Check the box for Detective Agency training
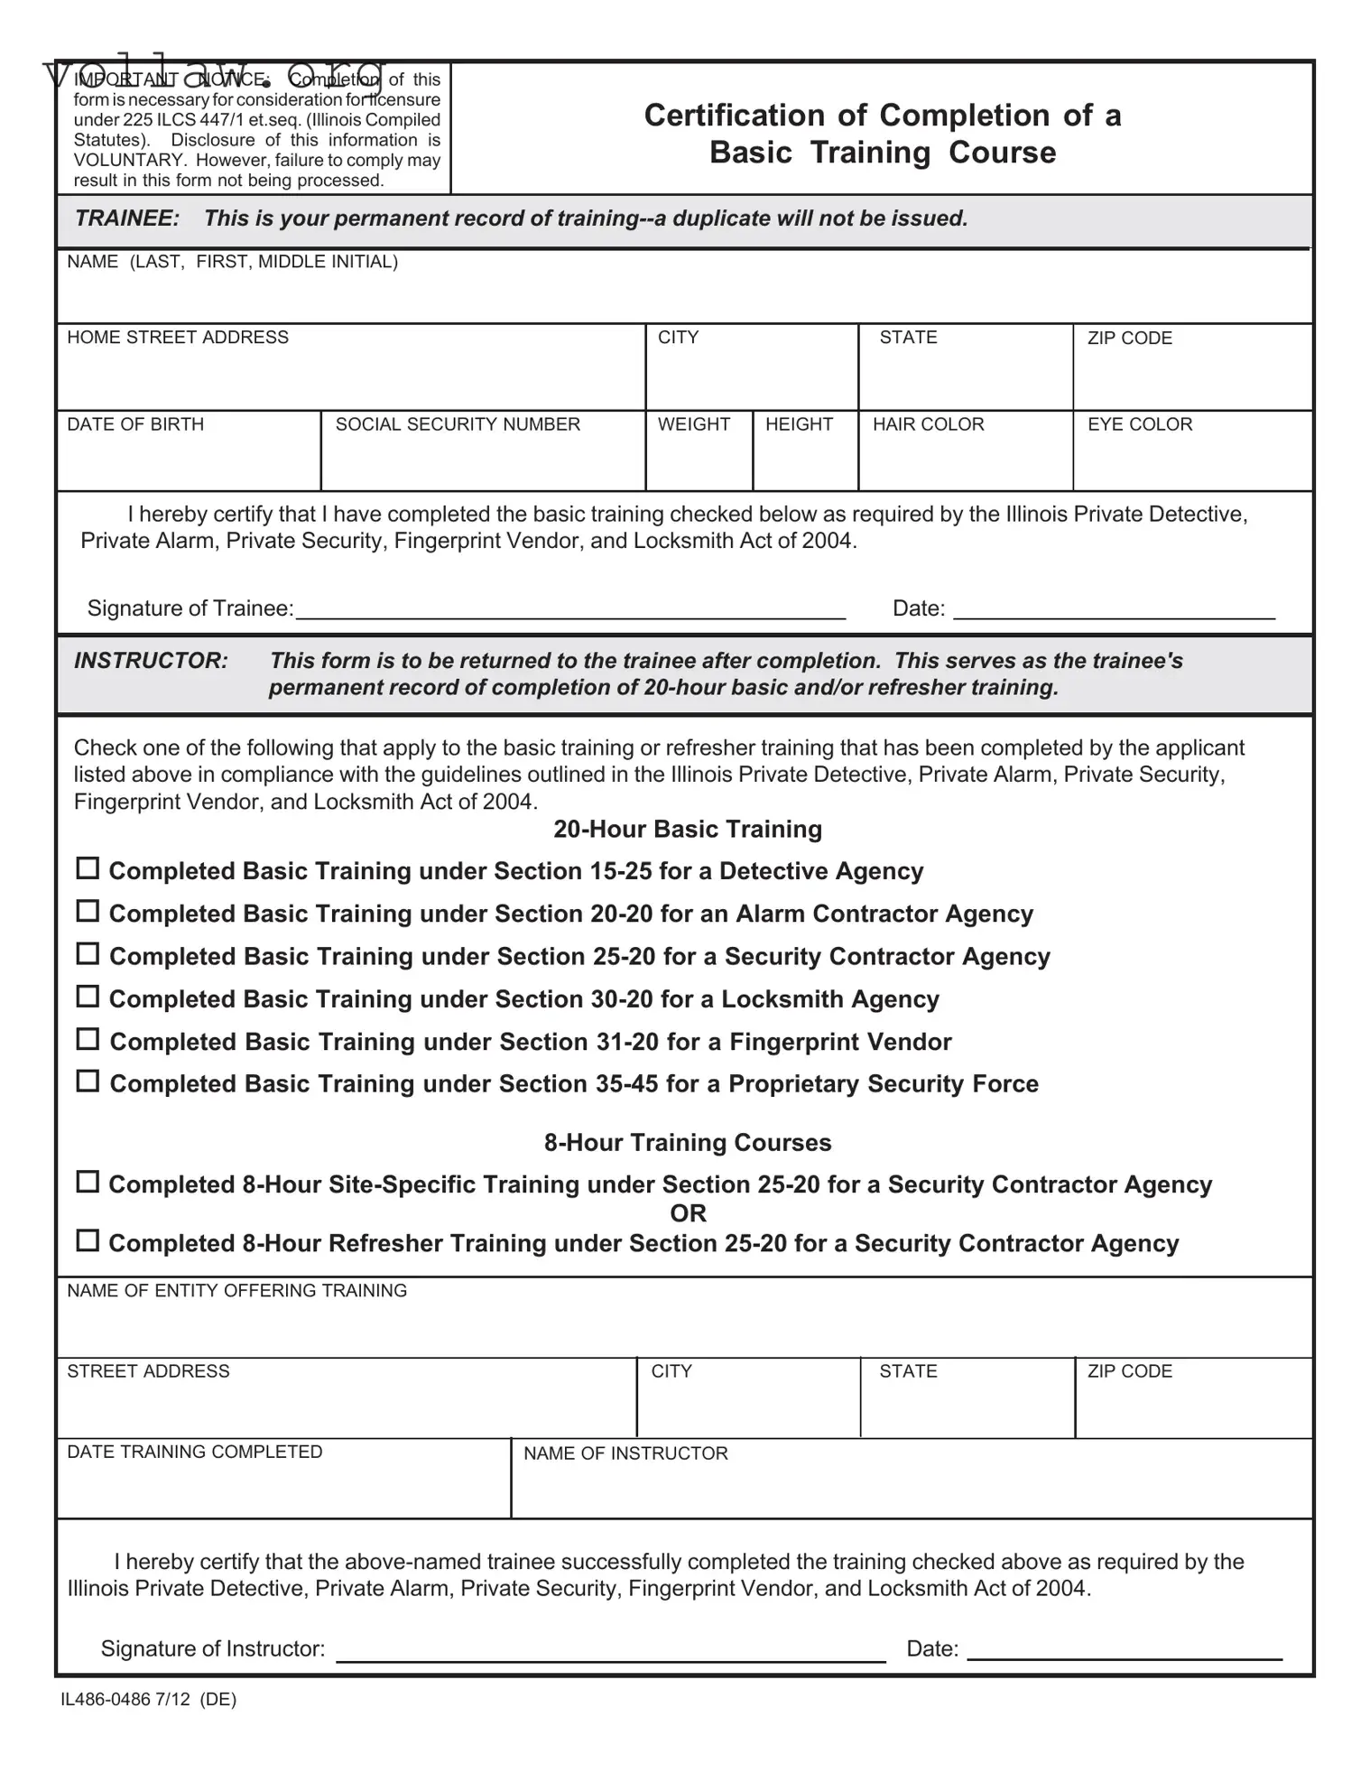pos(87,868)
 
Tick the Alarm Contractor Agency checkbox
pos(87,911)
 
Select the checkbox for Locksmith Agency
pos(87,997)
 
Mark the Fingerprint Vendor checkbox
pos(87,1039)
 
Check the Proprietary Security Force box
pos(87,1081)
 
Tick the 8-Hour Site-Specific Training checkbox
pos(87,1182)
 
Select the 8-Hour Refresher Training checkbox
pos(87,1240)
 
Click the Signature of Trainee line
pos(570,610)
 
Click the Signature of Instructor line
pos(611,1651)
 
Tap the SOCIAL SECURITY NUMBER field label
pos(458,424)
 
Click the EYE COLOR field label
pos(1140,424)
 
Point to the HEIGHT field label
pos(799,424)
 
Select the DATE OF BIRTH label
pos(135,424)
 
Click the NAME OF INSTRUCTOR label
pos(625,1453)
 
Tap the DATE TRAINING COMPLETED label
pos(194,1452)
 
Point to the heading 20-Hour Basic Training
pos(687,829)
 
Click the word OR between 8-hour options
pos(688,1213)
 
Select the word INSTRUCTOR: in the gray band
pos(151,660)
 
